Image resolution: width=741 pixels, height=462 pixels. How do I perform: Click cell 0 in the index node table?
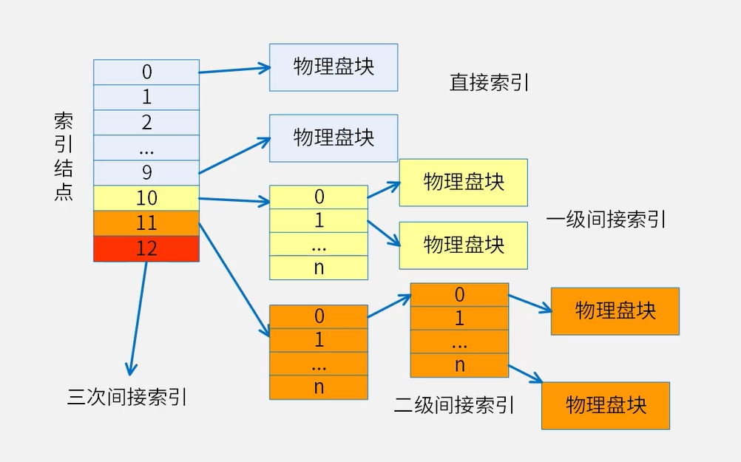146,72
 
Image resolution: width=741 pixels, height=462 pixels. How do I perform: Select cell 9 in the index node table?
146,172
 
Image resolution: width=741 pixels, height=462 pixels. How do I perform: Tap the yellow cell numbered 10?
146,198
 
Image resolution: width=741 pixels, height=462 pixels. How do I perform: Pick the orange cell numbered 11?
146,223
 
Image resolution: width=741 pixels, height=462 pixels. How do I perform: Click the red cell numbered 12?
146,248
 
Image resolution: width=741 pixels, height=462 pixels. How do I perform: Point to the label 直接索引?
489,82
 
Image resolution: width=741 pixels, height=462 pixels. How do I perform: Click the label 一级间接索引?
606,219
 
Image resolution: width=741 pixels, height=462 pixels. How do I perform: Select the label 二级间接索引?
453,405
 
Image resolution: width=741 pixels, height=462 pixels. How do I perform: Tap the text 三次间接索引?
126,398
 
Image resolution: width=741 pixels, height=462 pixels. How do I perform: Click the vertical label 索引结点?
64,157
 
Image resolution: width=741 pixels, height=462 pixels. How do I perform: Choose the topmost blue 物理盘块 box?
333,67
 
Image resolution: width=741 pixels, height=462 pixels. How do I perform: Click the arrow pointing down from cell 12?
138,318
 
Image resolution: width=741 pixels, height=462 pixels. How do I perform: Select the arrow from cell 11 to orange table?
233,277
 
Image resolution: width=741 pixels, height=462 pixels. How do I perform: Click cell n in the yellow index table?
319,268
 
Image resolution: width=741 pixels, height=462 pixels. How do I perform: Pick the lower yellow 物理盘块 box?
463,245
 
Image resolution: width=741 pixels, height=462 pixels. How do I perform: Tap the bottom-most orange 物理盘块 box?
605,405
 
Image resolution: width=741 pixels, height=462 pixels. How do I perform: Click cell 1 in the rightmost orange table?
459,319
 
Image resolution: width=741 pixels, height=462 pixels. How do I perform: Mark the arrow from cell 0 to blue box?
234,70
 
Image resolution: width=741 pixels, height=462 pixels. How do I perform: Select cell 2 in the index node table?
146,122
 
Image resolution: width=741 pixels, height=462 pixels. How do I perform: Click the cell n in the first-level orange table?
319,387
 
